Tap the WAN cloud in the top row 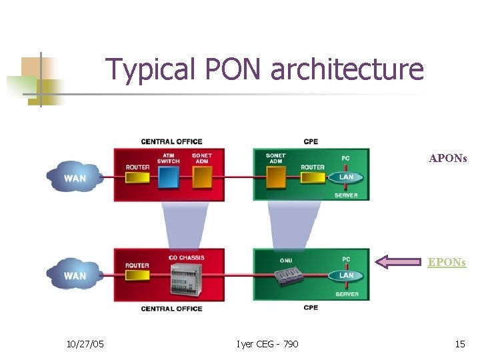(x=74, y=177)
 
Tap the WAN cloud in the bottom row (x=74, y=275)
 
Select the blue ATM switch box (x=169, y=178)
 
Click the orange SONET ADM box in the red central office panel (x=201, y=178)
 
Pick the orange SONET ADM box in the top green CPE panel (x=275, y=178)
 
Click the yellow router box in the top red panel (x=137, y=178)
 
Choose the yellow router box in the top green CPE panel (x=312, y=178)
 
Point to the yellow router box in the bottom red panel (x=137, y=275)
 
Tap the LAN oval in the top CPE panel (x=346, y=177)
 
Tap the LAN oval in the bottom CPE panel (x=346, y=275)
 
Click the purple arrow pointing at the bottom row (x=400, y=262)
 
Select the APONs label (x=447, y=159)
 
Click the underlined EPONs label (x=447, y=262)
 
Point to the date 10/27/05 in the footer (x=85, y=344)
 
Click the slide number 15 (x=459, y=344)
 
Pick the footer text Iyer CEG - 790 (x=267, y=344)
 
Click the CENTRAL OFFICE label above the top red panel (x=171, y=141)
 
